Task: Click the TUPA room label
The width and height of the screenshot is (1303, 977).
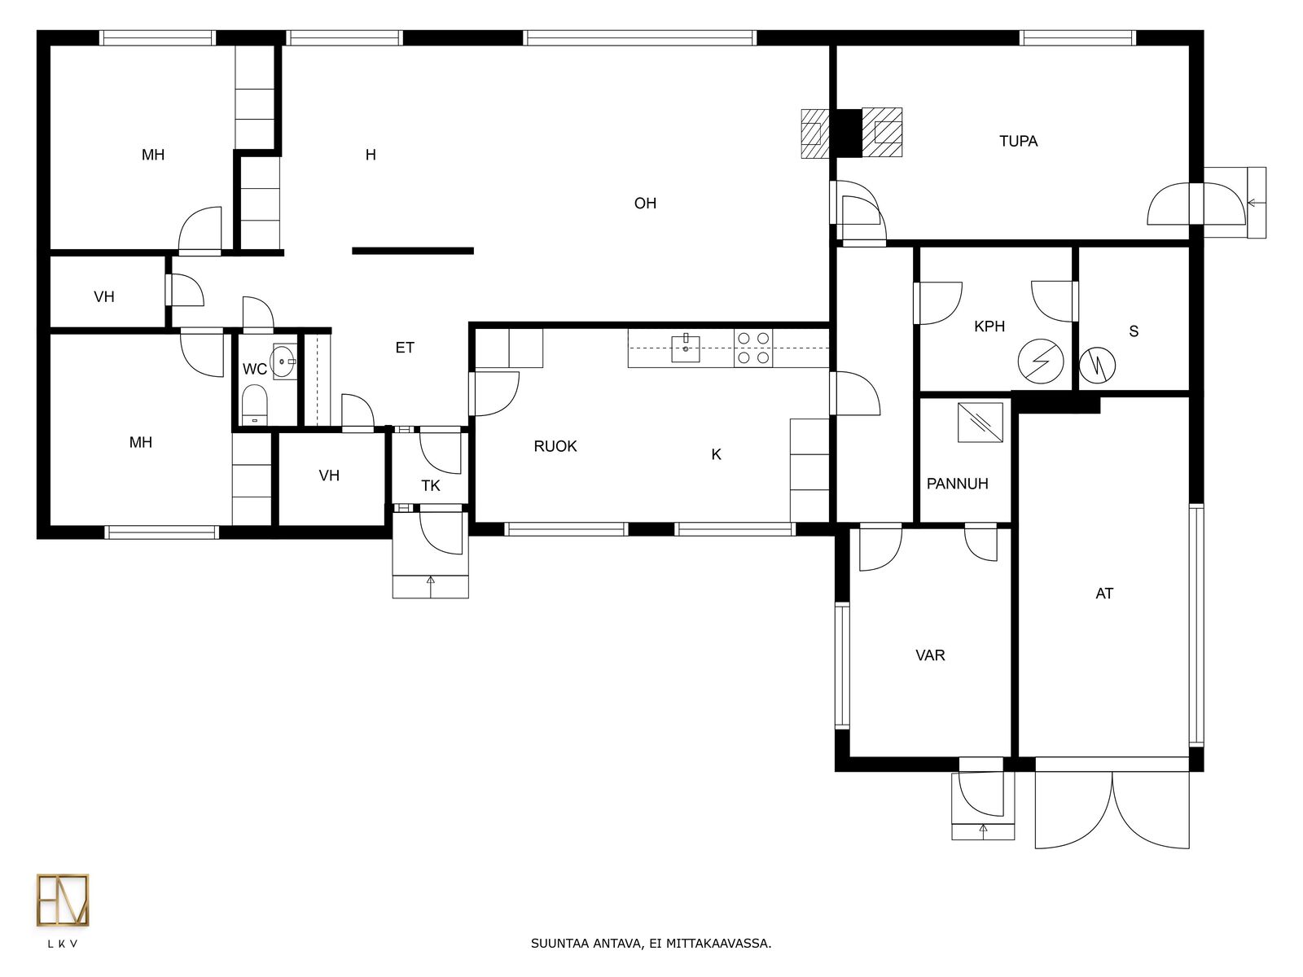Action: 1018,141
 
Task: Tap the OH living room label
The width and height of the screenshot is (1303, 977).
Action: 645,204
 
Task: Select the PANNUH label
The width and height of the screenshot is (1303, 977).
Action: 957,484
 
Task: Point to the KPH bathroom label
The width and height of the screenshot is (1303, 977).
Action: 989,326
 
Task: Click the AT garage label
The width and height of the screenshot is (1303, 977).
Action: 1104,594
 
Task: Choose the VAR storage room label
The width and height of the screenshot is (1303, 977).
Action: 930,655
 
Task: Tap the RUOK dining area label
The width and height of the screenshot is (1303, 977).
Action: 555,447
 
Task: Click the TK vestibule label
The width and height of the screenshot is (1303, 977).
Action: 430,486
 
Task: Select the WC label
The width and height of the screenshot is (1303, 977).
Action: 255,370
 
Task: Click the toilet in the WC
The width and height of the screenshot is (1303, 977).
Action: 255,405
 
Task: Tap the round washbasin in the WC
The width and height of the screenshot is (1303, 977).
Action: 283,361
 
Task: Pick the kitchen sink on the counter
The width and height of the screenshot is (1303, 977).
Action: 686,348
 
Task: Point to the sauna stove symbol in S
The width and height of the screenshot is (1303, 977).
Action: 1096,366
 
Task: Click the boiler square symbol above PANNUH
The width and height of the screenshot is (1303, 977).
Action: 980,423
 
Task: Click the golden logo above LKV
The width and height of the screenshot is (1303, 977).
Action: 63,900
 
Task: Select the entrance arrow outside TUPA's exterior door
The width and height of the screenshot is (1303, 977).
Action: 1255,203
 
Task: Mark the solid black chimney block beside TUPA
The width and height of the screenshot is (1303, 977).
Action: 849,133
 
